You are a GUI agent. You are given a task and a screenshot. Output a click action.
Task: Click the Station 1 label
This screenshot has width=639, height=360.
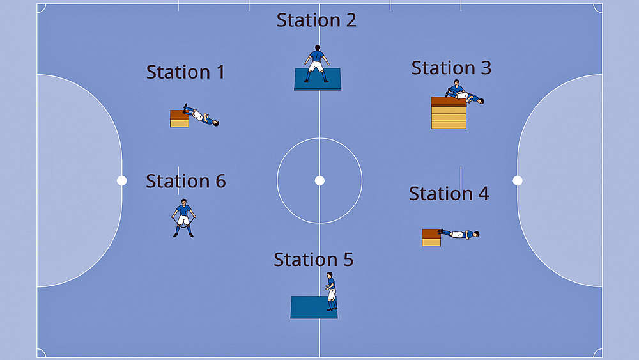(185, 72)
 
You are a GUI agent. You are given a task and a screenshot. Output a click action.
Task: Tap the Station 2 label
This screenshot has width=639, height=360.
(316, 20)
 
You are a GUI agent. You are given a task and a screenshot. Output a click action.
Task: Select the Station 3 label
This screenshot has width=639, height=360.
(451, 68)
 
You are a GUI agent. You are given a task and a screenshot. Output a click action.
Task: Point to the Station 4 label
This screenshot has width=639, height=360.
(449, 193)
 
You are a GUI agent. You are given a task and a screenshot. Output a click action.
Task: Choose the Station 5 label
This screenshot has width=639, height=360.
(313, 260)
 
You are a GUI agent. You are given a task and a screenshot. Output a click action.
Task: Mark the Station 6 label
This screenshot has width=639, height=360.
(185, 181)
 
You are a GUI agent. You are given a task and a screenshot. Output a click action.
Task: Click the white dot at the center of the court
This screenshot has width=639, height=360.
(319, 180)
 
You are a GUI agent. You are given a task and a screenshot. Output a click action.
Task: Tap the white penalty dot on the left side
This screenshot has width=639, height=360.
(121, 180)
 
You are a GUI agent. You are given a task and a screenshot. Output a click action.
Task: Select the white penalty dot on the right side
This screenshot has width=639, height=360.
(518, 180)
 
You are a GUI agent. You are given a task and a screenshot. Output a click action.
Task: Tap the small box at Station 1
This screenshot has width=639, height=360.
(180, 119)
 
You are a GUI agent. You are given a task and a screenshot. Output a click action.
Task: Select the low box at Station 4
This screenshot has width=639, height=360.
(431, 237)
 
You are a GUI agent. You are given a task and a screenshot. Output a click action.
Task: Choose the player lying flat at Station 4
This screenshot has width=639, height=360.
(459, 234)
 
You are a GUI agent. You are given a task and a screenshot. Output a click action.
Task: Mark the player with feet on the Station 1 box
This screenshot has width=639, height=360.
(201, 116)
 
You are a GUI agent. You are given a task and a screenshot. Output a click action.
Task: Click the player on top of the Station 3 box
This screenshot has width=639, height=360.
(463, 93)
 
